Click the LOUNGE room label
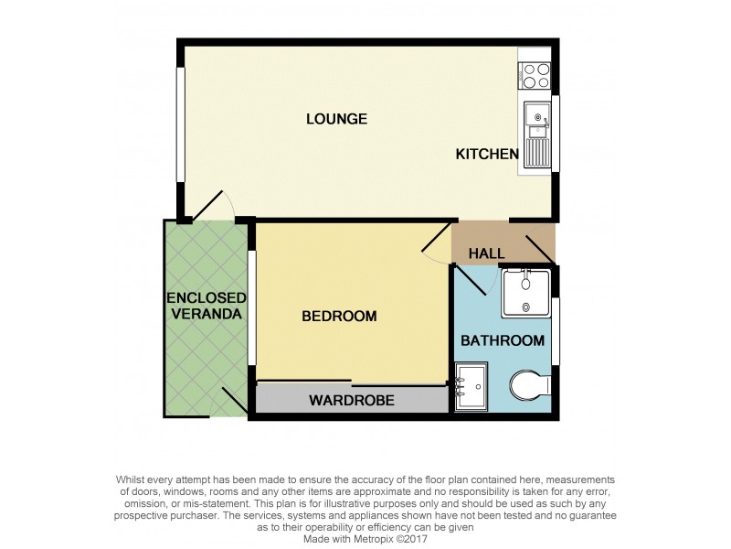click(x=336, y=119)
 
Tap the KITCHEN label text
click(x=487, y=155)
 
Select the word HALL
click(x=487, y=253)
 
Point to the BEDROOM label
click(x=339, y=317)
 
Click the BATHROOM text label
click(x=502, y=340)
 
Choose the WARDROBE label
click(x=351, y=400)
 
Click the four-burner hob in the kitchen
click(x=535, y=75)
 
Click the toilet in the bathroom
click(x=530, y=386)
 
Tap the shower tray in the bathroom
click(x=525, y=291)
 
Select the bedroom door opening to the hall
click(x=437, y=240)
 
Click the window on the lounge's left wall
click(x=181, y=128)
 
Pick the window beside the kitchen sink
click(x=556, y=134)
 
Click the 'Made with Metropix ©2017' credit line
click(x=365, y=538)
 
